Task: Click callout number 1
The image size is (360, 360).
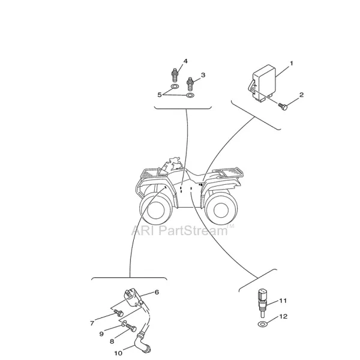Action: pos(291,63)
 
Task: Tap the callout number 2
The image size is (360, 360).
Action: pos(301,95)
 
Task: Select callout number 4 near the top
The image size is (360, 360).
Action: pos(186,61)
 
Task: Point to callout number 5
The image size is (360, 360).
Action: pos(160,94)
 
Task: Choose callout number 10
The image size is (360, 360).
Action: pos(118,353)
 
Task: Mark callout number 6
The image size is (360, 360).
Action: pos(157,292)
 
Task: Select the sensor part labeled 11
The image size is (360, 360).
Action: pos(261,299)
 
